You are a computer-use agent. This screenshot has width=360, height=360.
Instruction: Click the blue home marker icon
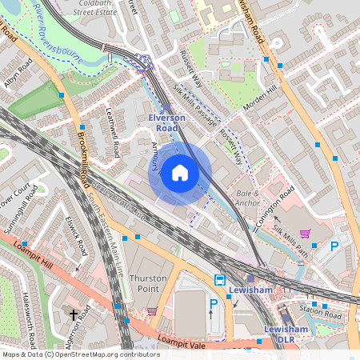pyautogui.click(x=180, y=173)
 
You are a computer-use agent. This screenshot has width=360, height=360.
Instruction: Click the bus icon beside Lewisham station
pyautogui.click(x=218, y=280)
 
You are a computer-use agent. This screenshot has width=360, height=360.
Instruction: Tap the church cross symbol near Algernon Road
pyautogui.click(x=74, y=315)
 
